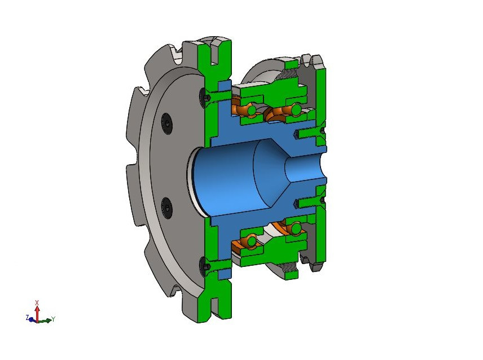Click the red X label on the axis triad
tap(37, 302)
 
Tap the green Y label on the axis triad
tap(52, 319)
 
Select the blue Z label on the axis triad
tap(27, 318)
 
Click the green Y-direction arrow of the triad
tap(45, 320)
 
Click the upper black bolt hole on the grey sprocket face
tap(165, 122)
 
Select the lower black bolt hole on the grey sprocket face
tap(166, 207)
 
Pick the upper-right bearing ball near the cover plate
tap(296, 108)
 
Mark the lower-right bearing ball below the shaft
tap(295, 228)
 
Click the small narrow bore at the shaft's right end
tap(308, 169)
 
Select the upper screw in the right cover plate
tap(309, 133)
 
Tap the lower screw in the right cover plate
tap(309, 201)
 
